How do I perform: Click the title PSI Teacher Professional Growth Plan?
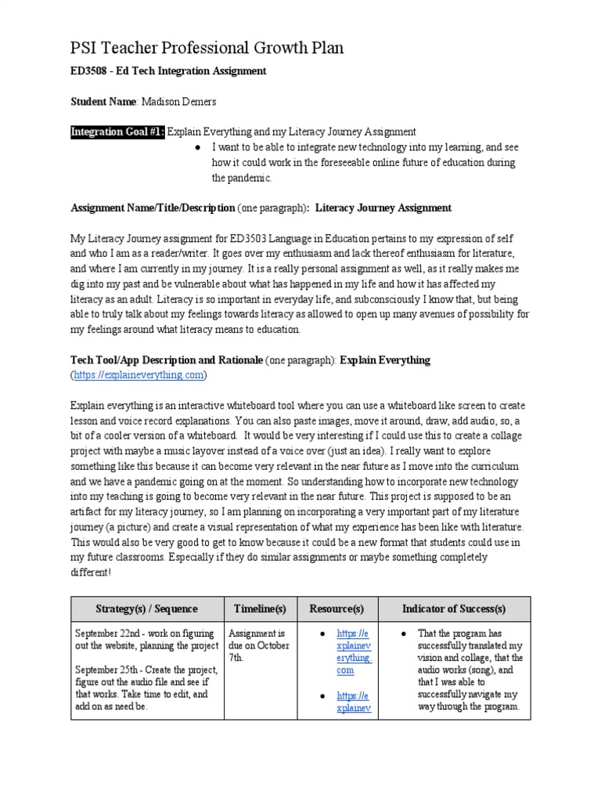click(207, 49)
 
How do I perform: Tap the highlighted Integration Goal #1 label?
click(118, 132)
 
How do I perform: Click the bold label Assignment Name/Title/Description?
click(153, 208)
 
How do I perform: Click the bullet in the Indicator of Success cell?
click(401, 633)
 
